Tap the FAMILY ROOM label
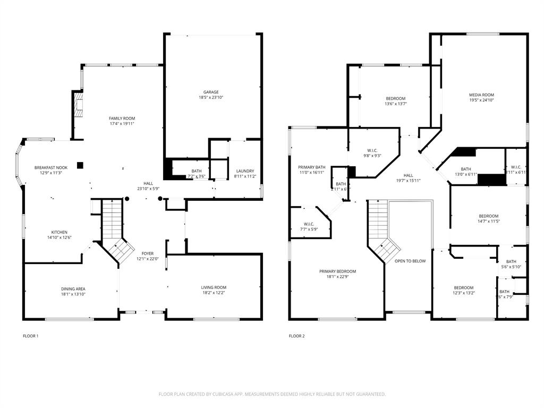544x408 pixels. (122, 118)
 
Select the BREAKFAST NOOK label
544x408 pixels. (51, 167)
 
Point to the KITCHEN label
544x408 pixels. (59, 232)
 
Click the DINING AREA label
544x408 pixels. (73, 288)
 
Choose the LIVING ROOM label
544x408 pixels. (214, 287)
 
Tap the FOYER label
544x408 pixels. (147, 253)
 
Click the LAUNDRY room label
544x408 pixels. (245, 171)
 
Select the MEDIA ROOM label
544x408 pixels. (481, 95)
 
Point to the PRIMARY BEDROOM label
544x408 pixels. (337, 271)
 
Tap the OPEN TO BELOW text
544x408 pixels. (410, 261)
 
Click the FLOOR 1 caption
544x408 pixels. (31, 336)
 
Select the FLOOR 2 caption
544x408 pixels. (296, 336)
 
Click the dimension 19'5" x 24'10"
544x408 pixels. (481, 100)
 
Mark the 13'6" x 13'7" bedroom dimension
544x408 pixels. (396, 104)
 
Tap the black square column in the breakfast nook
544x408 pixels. (80, 165)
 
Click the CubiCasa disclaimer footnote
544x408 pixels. (272, 394)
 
